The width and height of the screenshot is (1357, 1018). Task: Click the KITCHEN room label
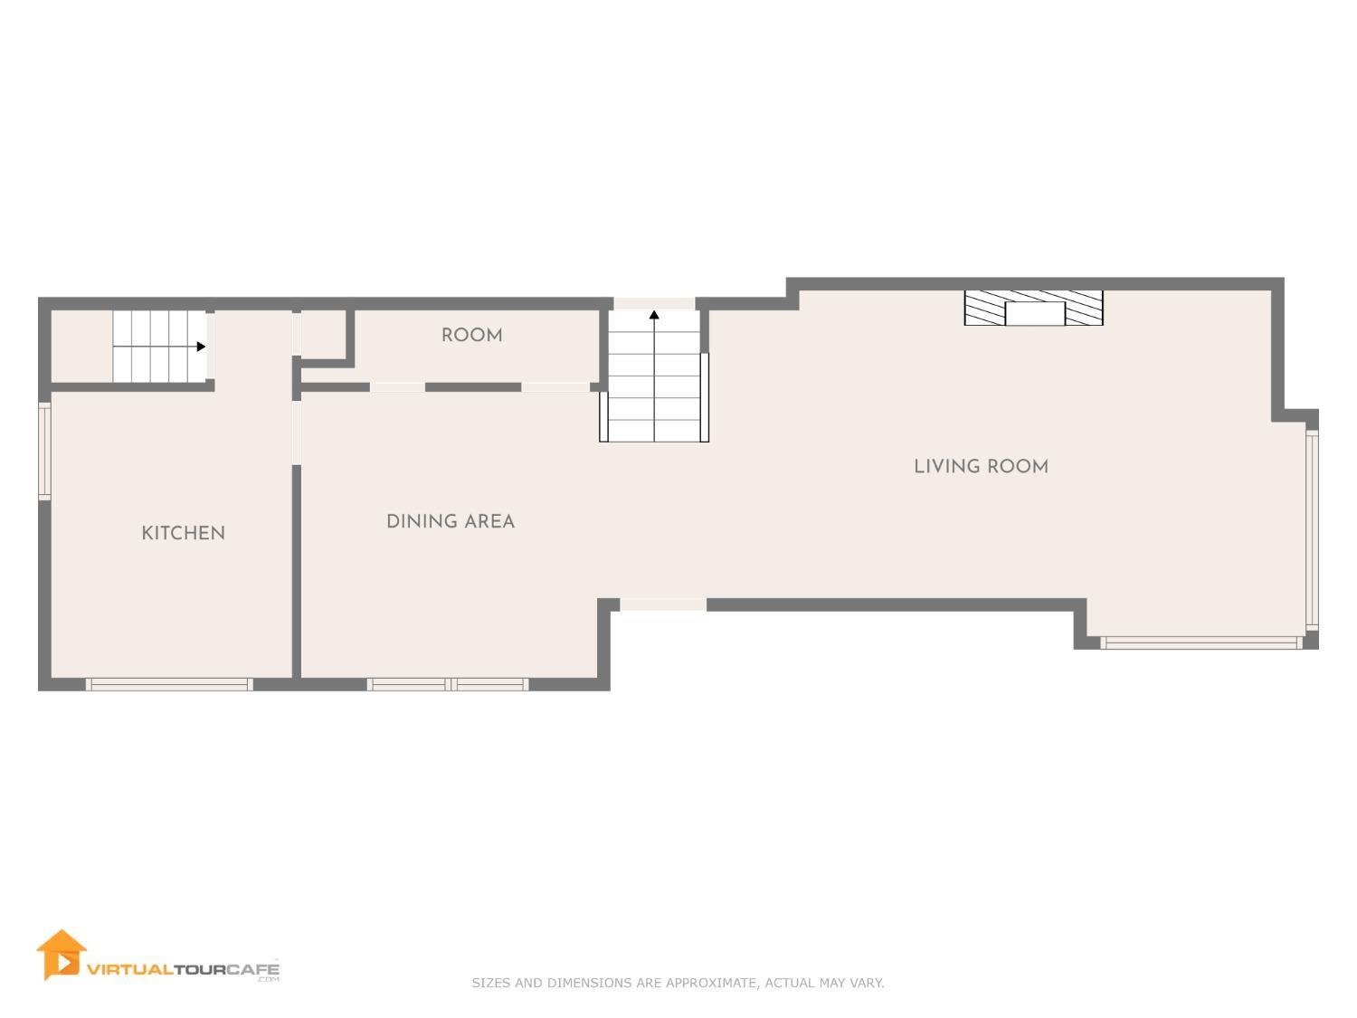(183, 533)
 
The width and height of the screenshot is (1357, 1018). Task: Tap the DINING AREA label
(450, 521)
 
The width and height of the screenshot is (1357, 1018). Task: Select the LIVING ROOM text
(981, 466)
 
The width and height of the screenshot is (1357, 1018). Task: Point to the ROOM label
(471, 335)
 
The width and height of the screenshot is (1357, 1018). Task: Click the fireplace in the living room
(1034, 308)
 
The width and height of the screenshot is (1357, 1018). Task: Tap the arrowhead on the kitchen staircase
(201, 347)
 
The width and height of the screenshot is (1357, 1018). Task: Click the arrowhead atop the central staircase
(654, 315)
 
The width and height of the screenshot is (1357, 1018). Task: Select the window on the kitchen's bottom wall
(169, 684)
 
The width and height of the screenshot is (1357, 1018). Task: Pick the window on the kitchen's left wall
(44, 450)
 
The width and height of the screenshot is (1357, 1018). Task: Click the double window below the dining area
(448, 684)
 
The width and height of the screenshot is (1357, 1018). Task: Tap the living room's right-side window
(1312, 529)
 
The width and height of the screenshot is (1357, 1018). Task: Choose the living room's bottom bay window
(1201, 642)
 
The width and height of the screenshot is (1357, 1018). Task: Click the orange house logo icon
(61, 955)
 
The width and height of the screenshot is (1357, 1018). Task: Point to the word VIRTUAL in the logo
(128, 968)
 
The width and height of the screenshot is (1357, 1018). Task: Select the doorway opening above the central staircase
(654, 303)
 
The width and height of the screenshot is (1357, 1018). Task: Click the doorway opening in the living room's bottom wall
(663, 604)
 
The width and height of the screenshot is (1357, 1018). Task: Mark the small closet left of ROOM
(323, 333)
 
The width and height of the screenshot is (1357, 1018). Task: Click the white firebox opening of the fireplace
(1035, 314)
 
